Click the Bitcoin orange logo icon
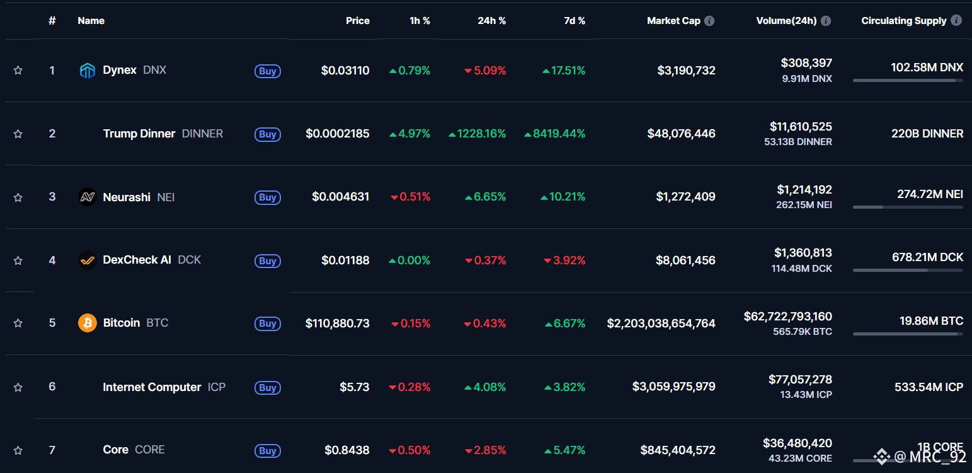click(87, 323)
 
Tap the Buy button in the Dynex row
click(268, 71)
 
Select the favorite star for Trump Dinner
click(18, 134)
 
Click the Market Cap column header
click(673, 21)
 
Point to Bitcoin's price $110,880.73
click(337, 323)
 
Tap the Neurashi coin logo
click(87, 197)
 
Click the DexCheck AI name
click(137, 260)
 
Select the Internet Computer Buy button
click(268, 387)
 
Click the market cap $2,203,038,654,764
click(661, 323)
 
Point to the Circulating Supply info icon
click(956, 20)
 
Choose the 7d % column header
click(574, 21)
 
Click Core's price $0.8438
click(346, 450)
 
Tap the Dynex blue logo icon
click(87, 71)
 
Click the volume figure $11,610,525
click(800, 127)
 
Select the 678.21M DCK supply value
click(927, 257)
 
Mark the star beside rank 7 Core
click(18, 450)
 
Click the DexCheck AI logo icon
click(87, 260)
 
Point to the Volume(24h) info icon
click(826, 21)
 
